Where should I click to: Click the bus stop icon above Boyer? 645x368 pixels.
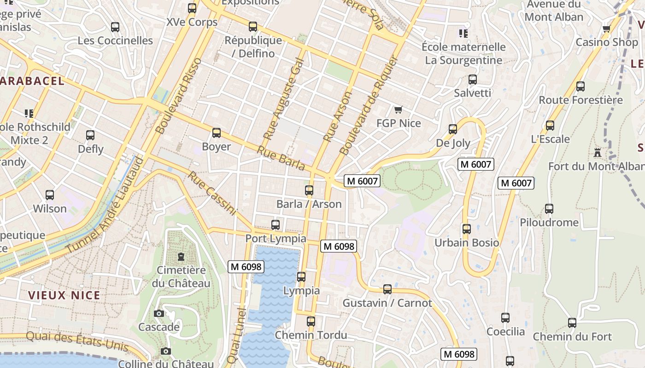(x=216, y=133)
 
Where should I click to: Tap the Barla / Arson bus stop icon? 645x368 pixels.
(x=309, y=190)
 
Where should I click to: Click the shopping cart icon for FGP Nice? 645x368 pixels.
(x=399, y=109)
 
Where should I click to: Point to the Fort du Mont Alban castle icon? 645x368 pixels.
(x=598, y=152)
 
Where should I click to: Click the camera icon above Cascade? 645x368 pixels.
(x=159, y=313)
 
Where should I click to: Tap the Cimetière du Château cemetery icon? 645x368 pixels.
(x=181, y=256)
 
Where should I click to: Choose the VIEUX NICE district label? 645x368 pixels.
(x=64, y=295)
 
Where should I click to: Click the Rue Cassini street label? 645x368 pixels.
(x=211, y=193)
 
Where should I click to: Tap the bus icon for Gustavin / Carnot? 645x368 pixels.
(x=387, y=289)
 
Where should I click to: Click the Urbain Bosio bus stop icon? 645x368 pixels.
(x=467, y=229)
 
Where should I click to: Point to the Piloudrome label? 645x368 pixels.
(x=549, y=222)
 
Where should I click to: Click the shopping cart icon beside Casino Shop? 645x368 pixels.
(x=606, y=29)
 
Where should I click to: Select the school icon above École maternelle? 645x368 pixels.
(x=463, y=33)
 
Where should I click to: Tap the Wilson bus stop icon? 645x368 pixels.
(x=50, y=195)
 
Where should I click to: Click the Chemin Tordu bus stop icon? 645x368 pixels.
(x=311, y=321)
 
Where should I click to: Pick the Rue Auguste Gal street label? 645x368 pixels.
(x=284, y=99)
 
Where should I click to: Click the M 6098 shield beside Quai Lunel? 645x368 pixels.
(x=246, y=266)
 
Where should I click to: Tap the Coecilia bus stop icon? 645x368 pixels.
(x=505, y=317)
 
